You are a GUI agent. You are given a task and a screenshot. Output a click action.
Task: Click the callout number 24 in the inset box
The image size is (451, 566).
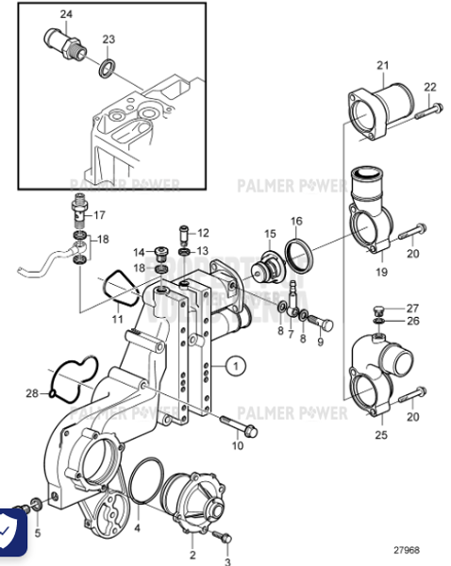pos(65,14)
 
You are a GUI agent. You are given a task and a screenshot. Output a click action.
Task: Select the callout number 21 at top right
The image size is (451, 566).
pos(382,65)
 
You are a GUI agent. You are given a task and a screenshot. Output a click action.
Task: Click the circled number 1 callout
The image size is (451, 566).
pos(236,363)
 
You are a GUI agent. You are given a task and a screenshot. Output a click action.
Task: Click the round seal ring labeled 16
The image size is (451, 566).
pos(300,254)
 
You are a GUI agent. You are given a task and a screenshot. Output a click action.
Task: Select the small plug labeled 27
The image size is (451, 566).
pos(379,310)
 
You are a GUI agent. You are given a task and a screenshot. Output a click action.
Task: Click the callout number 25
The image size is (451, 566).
pos(382,435)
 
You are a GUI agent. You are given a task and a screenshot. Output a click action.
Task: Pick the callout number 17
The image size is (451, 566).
pos(100,214)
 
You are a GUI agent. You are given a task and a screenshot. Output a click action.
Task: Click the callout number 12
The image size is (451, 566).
pos(203,233)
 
